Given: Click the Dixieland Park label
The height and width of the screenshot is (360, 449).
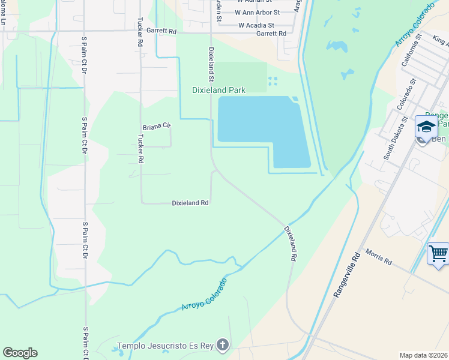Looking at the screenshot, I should point(218,91).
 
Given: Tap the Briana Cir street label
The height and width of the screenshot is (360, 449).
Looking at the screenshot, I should point(157,127).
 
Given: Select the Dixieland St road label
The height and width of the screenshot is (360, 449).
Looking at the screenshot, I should point(211,64).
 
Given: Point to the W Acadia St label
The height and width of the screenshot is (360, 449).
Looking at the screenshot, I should point(256,26).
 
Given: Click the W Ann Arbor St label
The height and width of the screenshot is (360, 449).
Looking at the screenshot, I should point(258,12).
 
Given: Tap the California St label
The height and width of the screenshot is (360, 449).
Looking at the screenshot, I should point(411,52).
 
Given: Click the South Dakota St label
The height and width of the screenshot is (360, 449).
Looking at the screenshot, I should point(396,139).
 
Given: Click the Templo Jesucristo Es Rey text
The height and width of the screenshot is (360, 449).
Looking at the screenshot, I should point(165,345).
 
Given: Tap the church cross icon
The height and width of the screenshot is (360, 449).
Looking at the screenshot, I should point(223,345).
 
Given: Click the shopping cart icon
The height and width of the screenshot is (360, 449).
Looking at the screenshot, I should point(438,253).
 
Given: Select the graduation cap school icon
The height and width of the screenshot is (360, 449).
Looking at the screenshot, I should point(426,127).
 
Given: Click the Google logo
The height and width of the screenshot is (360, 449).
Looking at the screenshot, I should point(20,353).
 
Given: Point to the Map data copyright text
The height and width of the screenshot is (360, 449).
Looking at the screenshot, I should point(423,355).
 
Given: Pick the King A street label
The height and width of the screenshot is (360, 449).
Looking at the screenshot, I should point(440,40).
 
